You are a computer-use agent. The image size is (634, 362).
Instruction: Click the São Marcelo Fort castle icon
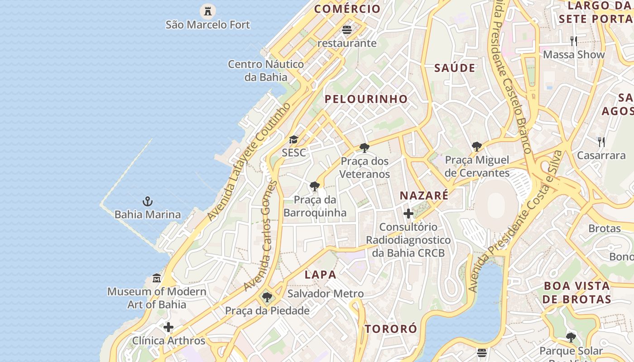208,10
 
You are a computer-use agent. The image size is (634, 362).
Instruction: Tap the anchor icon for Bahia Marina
148,201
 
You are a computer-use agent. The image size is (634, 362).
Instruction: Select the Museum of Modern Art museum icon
157,278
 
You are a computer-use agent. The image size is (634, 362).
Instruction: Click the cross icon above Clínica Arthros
168,327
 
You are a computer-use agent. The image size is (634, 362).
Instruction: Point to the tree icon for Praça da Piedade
267,297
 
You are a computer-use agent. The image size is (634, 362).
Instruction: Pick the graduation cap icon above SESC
294,139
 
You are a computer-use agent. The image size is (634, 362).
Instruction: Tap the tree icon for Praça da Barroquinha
314,186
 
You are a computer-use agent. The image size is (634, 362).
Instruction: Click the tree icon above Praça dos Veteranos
364,148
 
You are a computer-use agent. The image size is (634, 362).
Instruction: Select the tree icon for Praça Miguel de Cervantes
476,147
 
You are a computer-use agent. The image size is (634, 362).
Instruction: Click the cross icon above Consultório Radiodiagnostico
408,214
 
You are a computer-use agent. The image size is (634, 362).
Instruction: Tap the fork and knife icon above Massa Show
574,41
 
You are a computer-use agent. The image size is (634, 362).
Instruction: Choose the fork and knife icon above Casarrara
601,142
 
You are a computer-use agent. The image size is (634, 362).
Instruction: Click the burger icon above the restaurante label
347,30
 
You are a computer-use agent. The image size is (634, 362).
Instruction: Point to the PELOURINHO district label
366,99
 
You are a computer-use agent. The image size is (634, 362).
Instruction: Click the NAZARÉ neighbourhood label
424,195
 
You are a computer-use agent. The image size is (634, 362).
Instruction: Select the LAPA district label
321,275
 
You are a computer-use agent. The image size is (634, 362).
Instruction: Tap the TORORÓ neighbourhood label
391,329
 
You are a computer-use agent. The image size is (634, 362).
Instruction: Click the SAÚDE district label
455,68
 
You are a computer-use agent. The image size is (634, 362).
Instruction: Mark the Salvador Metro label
326,294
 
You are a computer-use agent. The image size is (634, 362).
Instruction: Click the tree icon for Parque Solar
571,338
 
